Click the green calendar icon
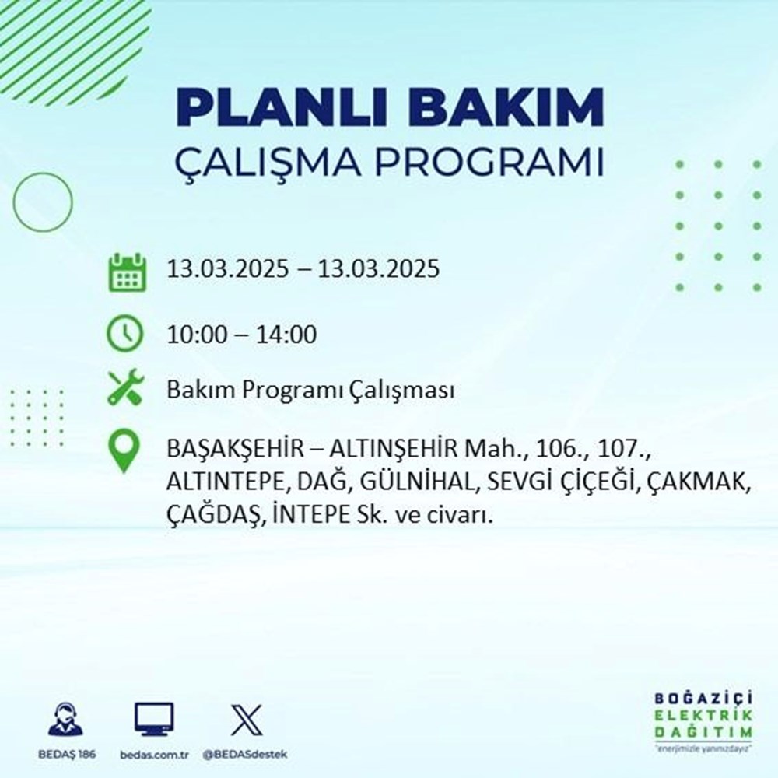tap(126, 272)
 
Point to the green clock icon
tap(125, 335)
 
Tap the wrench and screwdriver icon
tap(125, 387)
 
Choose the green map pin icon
tap(125, 452)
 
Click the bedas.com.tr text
tap(155, 755)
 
